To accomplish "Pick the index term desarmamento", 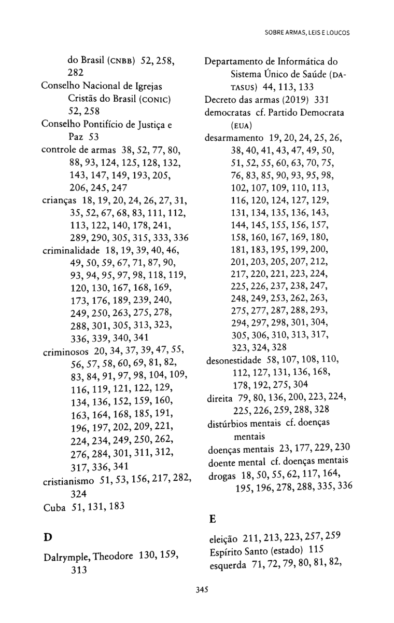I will pos(235,139).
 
